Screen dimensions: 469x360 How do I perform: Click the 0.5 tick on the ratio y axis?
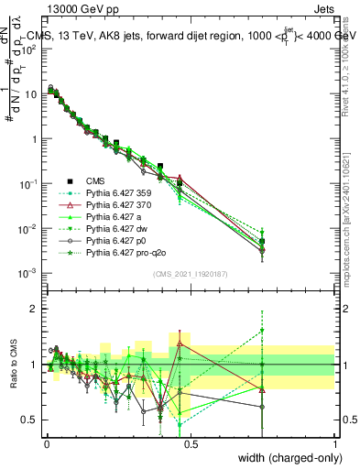(x=30, y=420)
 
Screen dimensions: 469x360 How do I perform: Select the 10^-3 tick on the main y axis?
(x=27, y=273)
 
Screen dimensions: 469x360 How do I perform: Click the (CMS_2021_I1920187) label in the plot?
(x=191, y=274)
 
